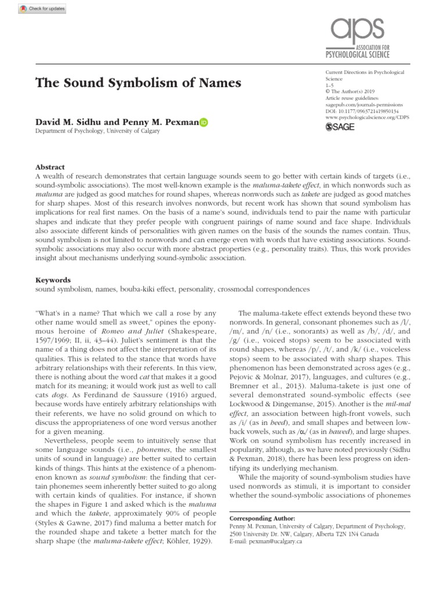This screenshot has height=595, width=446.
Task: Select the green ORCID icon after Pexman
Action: click(204, 123)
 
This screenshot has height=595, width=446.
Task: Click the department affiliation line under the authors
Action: click(98, 132)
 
